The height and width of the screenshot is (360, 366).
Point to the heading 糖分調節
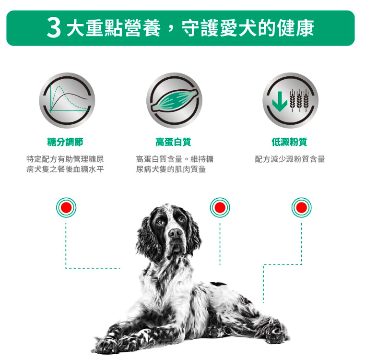coord(65,142)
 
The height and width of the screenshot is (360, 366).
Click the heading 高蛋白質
coord(173,142)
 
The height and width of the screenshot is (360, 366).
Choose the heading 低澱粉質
coord(289,142)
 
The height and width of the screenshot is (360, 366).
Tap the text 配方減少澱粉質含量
coord(290,159)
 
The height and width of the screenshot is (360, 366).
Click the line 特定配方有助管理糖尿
coord(65,159)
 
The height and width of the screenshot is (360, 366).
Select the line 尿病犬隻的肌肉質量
coord(171,169)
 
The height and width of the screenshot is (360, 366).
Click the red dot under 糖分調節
coord(66,207)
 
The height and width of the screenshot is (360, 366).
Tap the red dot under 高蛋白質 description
coord(220,207)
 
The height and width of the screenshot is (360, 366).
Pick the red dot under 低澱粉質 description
coord(301,207)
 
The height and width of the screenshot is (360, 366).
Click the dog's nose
coord(175,234)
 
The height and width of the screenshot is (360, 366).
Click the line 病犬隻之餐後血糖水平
coord(65,169)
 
